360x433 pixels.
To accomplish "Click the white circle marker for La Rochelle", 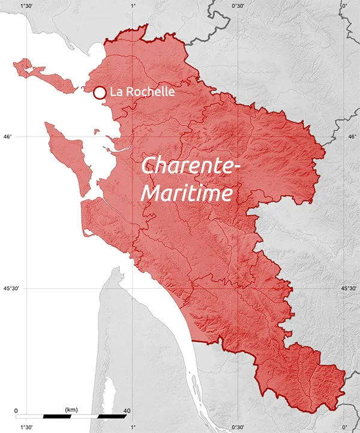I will [100, 92].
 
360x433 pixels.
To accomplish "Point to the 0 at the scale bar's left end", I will [16, 411].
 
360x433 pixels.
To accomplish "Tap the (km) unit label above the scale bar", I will [71, 410].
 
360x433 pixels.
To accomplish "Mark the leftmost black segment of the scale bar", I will [57, 416].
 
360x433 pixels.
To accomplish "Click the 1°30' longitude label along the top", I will [26, 5].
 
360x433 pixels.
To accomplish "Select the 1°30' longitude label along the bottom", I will [26, 428].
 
